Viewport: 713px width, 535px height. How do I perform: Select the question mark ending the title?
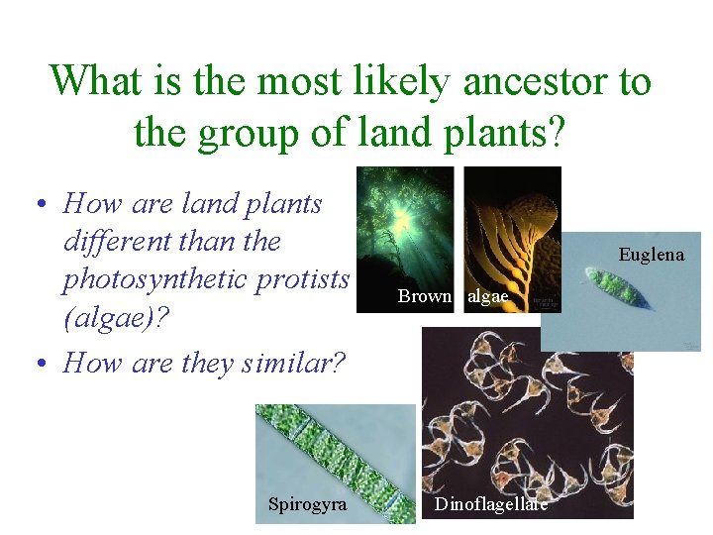pos(551,132)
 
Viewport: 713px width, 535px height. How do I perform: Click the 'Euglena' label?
pos(651,255)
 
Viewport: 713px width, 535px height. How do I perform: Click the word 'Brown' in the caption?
pos(425,295)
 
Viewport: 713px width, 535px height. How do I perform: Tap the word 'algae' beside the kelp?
pos(487,295)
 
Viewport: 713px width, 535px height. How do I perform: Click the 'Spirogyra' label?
pos(307,504)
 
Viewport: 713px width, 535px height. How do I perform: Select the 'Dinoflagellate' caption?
pos(491,504)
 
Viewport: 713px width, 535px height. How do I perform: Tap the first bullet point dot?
pos(39,205)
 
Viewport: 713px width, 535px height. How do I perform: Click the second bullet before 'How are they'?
pos(39,364)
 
